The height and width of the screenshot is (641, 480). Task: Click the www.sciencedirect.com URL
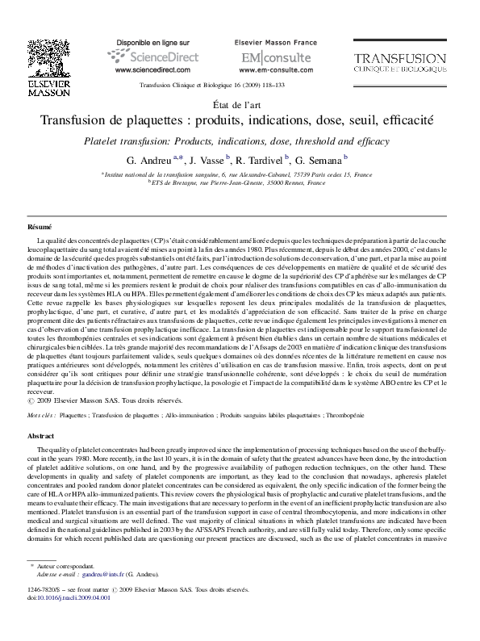tap(152, 70)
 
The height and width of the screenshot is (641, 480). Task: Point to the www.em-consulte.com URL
tap(270, 70)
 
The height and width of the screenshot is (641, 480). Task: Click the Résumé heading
tap(39, 229)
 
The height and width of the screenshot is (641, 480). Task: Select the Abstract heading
tap(41, 436)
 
